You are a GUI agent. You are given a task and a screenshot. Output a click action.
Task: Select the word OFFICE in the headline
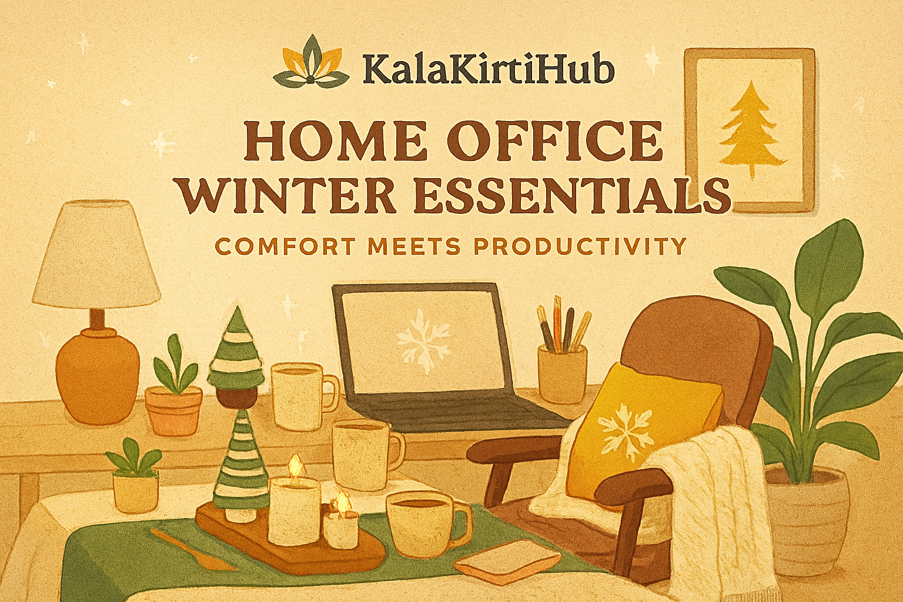pos(554,141)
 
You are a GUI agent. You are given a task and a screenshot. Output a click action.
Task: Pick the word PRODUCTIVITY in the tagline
pos(580,246)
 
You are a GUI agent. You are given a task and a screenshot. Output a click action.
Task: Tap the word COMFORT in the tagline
pos(285,246)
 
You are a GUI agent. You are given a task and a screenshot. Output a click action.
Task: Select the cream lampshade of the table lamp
pos(97,254)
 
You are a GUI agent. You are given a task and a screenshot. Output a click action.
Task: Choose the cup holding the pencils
pos(563,373)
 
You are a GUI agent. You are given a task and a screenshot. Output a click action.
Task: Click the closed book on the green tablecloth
pos(507,558)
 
